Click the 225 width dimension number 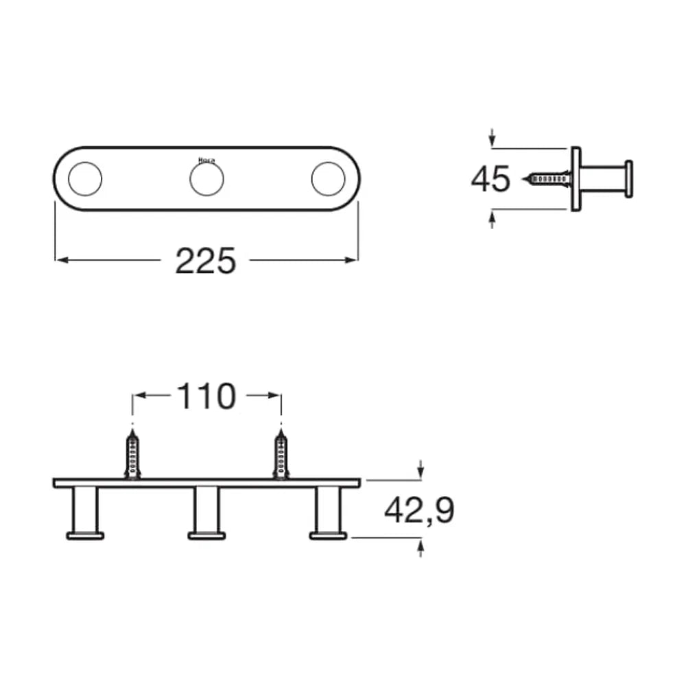pyautogui.click(x=206, y=261)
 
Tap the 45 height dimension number pyautogui.click(x=490, y=179)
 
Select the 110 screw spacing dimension pyautogui.click(x=206, y=397)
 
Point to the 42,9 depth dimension pyautogui.click(x=419, y=510)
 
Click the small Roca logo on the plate pyautogui.click(x=206, y=161)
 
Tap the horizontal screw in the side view pyautogui.click(x=547, y=178)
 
